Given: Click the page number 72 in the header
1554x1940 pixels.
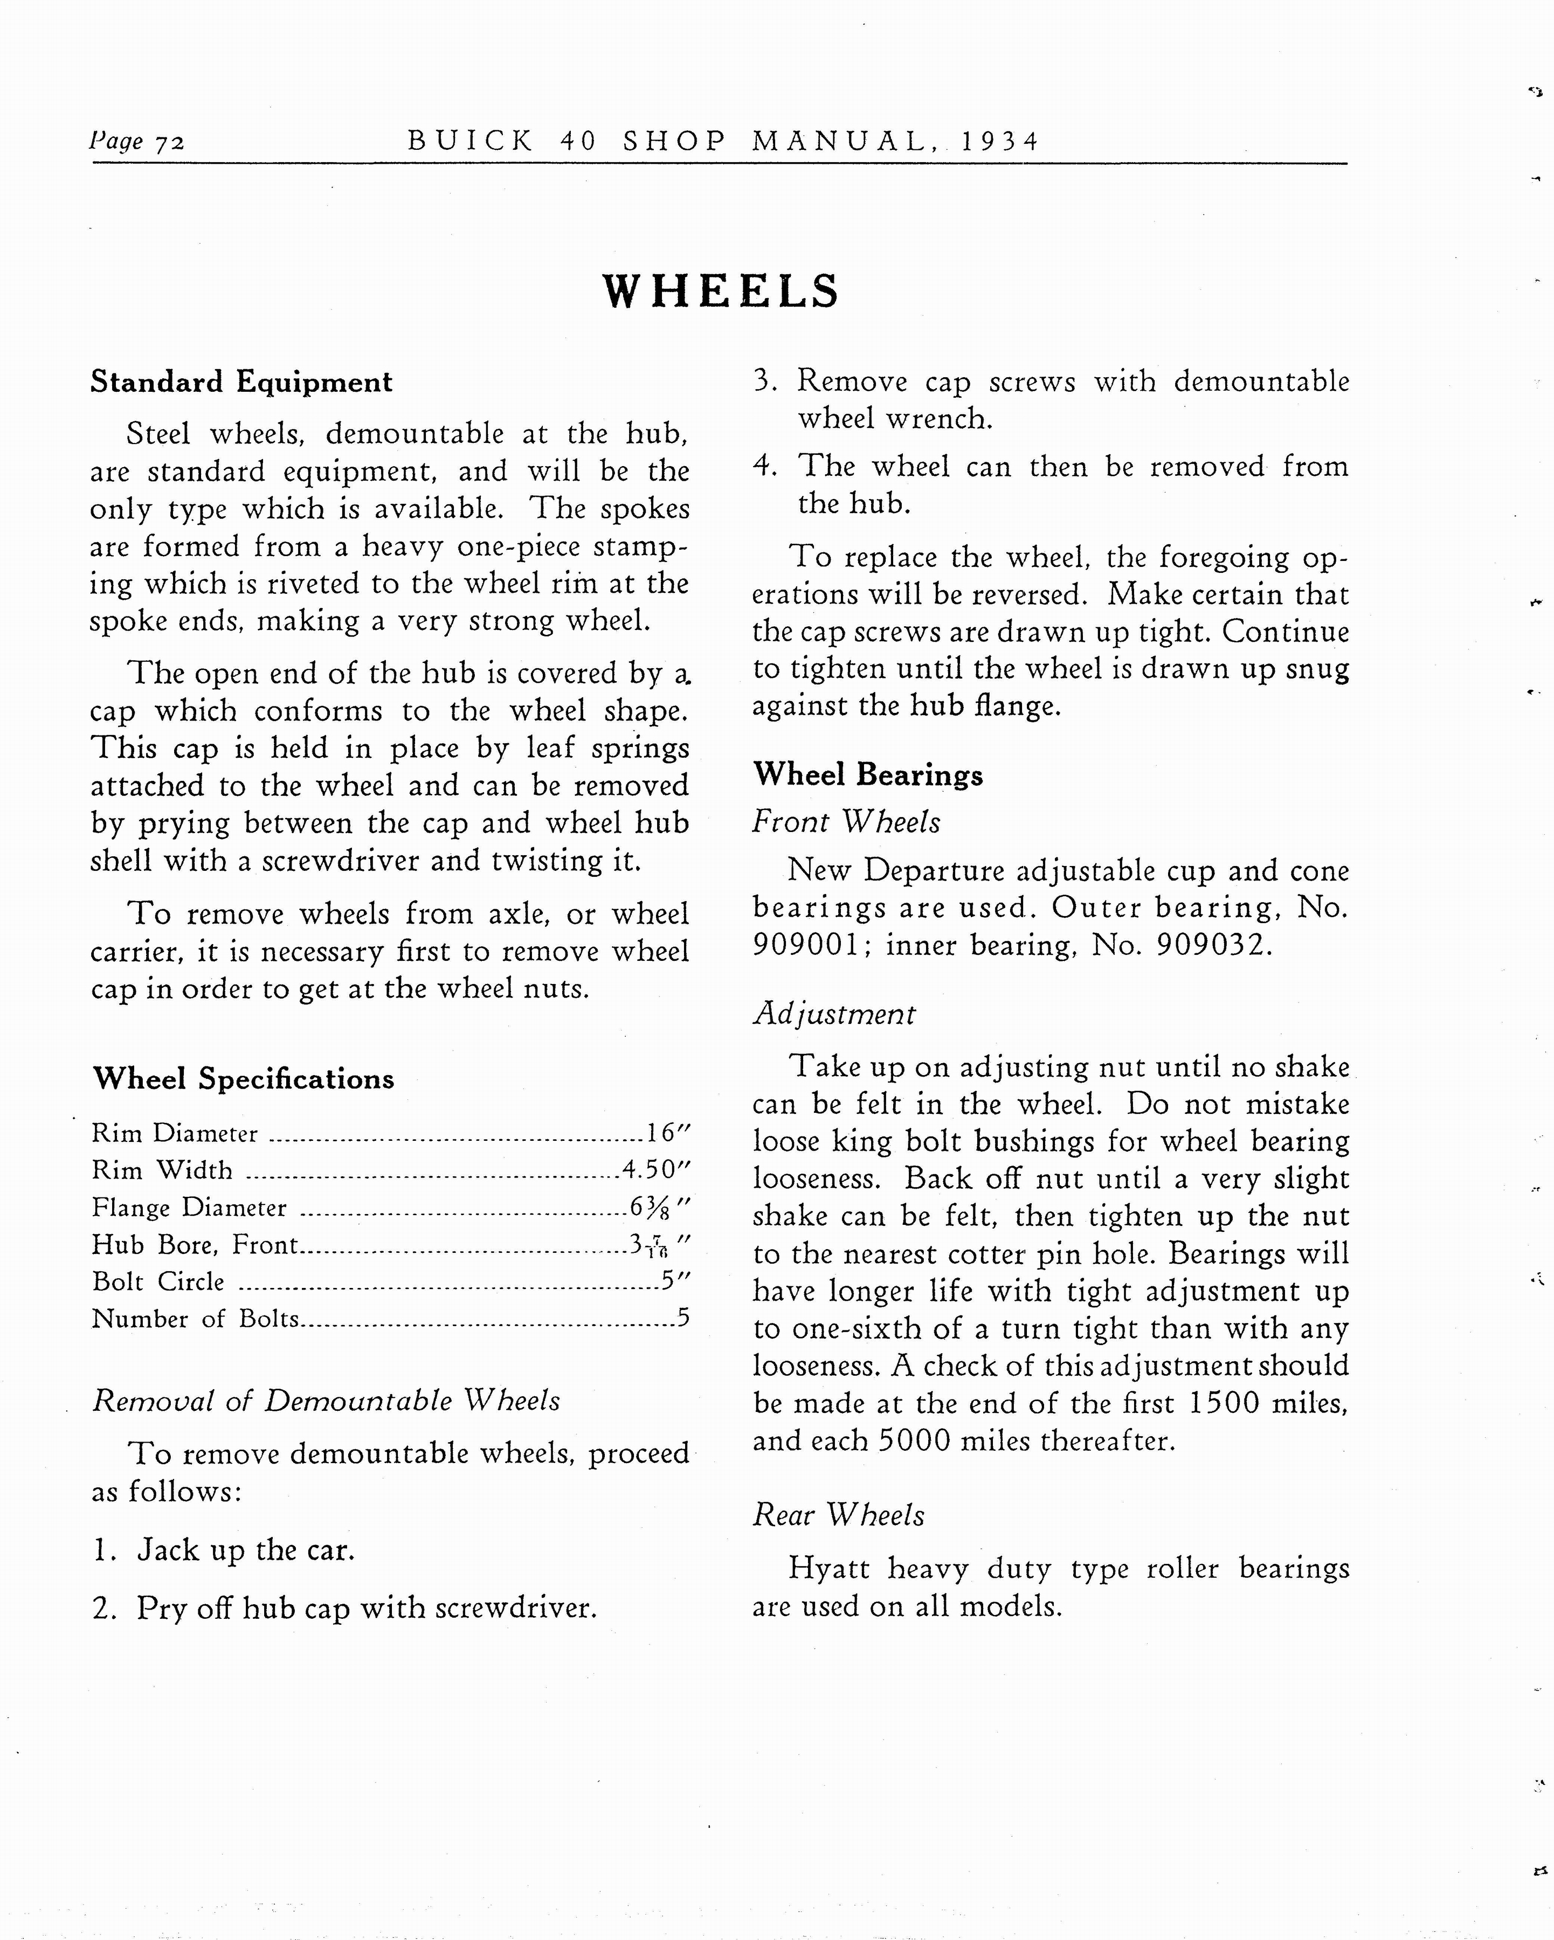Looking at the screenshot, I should [170, 142].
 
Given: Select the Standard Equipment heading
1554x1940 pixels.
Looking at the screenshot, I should [241, 383].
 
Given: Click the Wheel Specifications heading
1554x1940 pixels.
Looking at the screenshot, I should [243, 1079].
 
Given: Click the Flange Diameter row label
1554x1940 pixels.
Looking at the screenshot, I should [189, 1208].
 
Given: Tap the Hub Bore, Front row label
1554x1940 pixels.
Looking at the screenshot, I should [195, 1244].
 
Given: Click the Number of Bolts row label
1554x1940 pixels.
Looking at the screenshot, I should [195, 1319].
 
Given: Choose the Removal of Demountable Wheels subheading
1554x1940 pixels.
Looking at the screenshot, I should [326, 1401].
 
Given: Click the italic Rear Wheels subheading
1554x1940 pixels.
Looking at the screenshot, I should [838, 1515].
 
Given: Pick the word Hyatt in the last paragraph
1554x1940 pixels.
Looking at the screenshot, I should [828, 1568].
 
